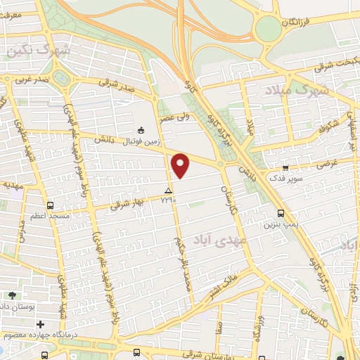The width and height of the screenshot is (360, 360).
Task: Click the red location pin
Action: click(x=181, y=165)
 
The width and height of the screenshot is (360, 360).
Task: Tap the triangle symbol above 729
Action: click(x=167, y=191)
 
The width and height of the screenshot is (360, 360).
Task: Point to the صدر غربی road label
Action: click(x=34, y=79)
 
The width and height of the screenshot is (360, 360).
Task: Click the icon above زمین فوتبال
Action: click(x=141, y=129)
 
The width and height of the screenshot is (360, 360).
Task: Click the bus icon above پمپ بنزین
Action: click(x=281, y=213)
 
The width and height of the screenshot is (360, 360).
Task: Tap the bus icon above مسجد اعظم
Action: click(x=49, y=205)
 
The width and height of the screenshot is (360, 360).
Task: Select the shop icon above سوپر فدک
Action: click(x=285, y=167)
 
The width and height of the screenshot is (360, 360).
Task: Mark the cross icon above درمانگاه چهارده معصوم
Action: click(x=41, y=324)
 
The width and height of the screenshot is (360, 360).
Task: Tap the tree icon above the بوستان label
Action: click(x=13, y=295)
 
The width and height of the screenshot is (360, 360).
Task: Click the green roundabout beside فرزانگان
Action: click(x=267, y=29)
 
